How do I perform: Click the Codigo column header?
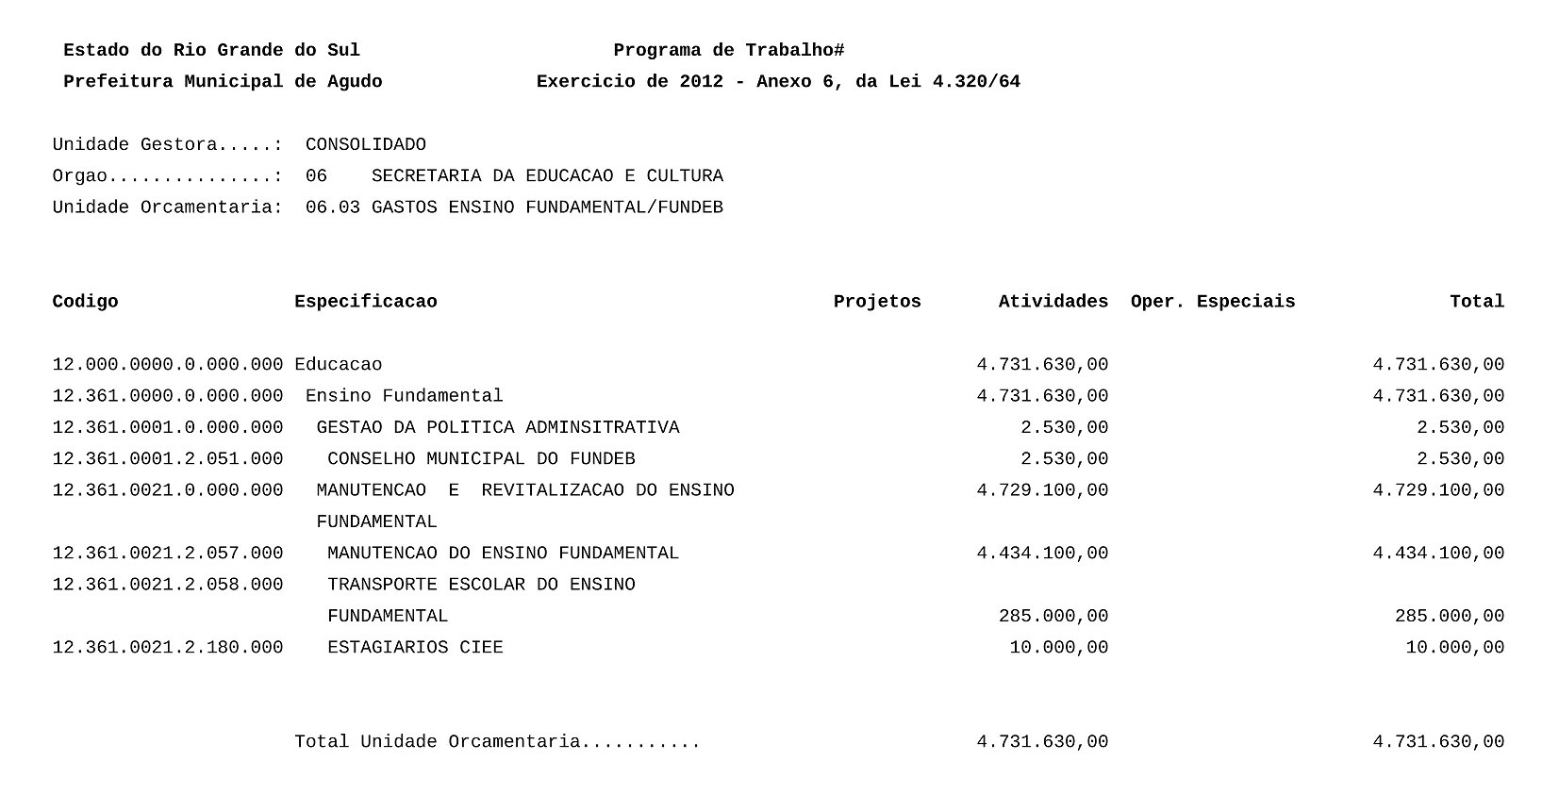pyautogui.click(x=85, y=302)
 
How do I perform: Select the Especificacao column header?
pyautogui.click(x=365, y=302)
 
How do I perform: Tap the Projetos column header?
pyautogui.click(x=876, y=302)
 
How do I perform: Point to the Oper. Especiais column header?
pyautogui.click(x=1212, y=302)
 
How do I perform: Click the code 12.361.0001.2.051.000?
pyautogui.click(x=167, y=459)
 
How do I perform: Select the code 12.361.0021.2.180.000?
pyautogui.click(x=167, y=648)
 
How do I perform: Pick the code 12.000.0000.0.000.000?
pyautogui.click(x=167, y=365)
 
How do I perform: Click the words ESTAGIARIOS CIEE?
pyautogui.click(x=415, y=648)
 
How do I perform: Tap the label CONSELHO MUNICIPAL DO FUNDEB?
pyautogui.click(x=481, y=459)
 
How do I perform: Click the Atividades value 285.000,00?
pyautogui.click(x=1053, y=617)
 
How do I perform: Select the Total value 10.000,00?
pyautogui.click(x=1454, y=648)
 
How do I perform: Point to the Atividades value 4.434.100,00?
pyautogui.click(x=1042, y=554)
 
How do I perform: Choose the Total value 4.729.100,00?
pyautogui.click(x=1438, y=490)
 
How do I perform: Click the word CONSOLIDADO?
pyautogui.click(x=365, y=145)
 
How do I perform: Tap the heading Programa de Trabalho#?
pyautogui.click(x=728, y=51)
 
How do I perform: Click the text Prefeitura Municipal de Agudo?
pyautogui.click(x=223, y=82)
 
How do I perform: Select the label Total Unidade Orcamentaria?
pyautogui.click(x=437, y=742)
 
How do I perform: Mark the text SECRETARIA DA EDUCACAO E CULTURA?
pyautogui.click(x=547, y=176)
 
